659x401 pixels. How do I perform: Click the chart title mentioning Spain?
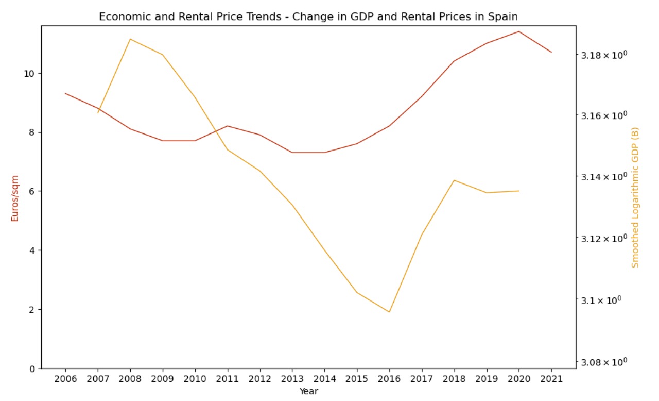308,16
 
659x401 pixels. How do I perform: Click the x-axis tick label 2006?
65,378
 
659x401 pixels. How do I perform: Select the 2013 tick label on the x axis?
292,378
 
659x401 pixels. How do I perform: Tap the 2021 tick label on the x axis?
551,378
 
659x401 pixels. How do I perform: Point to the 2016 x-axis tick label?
389,378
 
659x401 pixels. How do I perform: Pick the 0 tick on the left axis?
33,369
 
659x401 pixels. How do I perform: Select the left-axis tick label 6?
33,191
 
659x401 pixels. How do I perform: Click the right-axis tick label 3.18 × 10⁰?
603,55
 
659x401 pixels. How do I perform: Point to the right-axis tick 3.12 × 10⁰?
603,239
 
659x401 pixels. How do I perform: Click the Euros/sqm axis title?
15,198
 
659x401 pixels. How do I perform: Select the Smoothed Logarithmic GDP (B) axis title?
635,197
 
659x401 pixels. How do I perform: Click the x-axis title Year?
308,391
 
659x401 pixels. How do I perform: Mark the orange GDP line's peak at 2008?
130,39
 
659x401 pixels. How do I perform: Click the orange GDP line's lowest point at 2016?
389,312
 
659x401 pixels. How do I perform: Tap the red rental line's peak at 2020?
519,31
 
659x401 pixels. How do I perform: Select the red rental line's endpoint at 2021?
551,52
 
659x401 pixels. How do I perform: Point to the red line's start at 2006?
65,93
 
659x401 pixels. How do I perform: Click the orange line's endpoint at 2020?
519,191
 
